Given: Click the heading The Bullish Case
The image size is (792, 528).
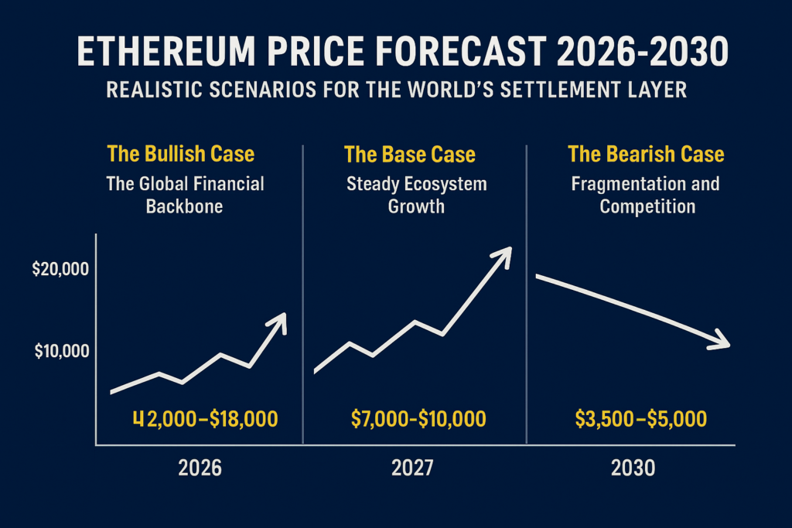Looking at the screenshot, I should (x=181, y=154).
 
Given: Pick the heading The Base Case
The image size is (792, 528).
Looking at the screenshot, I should (x=410, y=154).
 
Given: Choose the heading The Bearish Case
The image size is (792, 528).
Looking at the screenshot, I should (x=646, y=154).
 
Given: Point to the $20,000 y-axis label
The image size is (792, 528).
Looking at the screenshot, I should (x=61, y=270).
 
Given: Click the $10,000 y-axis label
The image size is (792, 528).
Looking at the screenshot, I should (x=61, y=351).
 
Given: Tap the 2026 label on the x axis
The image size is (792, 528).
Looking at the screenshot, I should (x=200, y=468).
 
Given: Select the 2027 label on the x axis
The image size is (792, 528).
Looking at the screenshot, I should (x=411, y=468).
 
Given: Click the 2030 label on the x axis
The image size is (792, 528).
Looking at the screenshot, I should (x=632, y=468).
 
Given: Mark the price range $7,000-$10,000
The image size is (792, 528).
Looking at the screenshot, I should (x=418, y=419).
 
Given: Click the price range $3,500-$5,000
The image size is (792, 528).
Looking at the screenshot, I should (x=640, y=419).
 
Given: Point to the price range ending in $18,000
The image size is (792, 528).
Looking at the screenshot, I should (x=205, y=419).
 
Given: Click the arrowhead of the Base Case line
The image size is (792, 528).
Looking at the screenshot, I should (x=504, y=254).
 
